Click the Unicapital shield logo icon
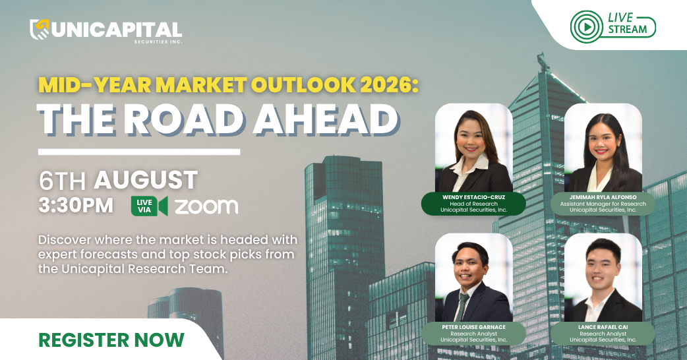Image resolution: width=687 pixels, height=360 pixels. (x=39, y=30)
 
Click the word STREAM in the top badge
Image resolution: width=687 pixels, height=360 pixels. (x=628, y=30)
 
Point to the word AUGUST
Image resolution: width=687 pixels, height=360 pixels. (x=146, y=180)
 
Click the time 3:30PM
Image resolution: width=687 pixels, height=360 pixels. (x=76, y=205)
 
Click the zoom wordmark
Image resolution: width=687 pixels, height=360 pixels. (x=206, y=206)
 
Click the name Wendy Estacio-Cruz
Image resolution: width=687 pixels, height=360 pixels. (x=473, y=198)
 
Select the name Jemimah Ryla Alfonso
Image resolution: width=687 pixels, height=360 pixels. (x=603, y=198)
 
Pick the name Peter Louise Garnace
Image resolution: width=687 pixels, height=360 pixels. (x=473, y=327)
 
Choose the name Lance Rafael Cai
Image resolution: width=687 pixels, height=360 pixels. (x=603, y=327)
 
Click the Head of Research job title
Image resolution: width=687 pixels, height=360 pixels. (x=473, y=204)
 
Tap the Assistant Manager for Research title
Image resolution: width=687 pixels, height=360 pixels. (x=603, y=204)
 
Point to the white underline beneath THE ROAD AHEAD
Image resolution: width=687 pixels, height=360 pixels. (x=139, y=152)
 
